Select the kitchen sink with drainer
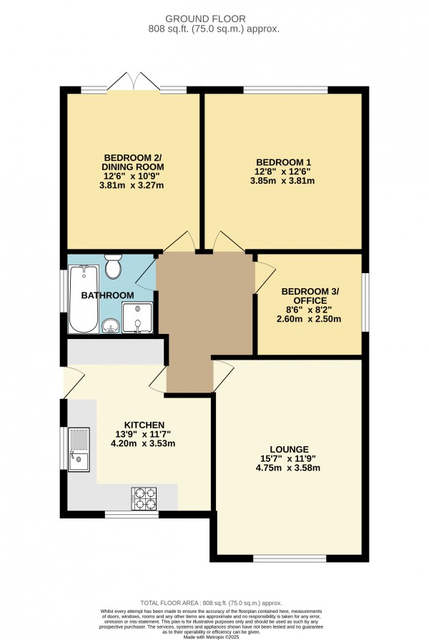[79, 449]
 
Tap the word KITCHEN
[144, 425]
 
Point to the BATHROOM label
[107, 295]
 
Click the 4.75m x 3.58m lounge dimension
[290, 468]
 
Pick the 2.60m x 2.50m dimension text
[310, 319]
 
